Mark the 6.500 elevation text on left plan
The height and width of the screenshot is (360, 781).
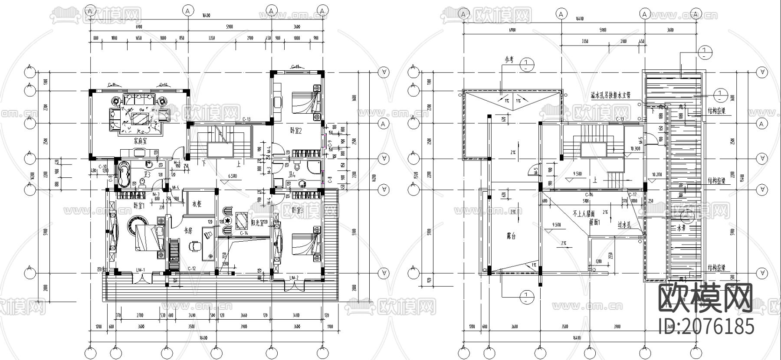(233, 176)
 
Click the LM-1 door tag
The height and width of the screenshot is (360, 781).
(140, 270)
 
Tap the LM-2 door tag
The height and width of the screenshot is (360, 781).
(294, 277)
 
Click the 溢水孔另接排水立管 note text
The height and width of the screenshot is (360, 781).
(610, 94)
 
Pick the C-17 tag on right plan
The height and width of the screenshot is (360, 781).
(632, 195)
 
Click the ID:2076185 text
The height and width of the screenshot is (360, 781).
(706, 326)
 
